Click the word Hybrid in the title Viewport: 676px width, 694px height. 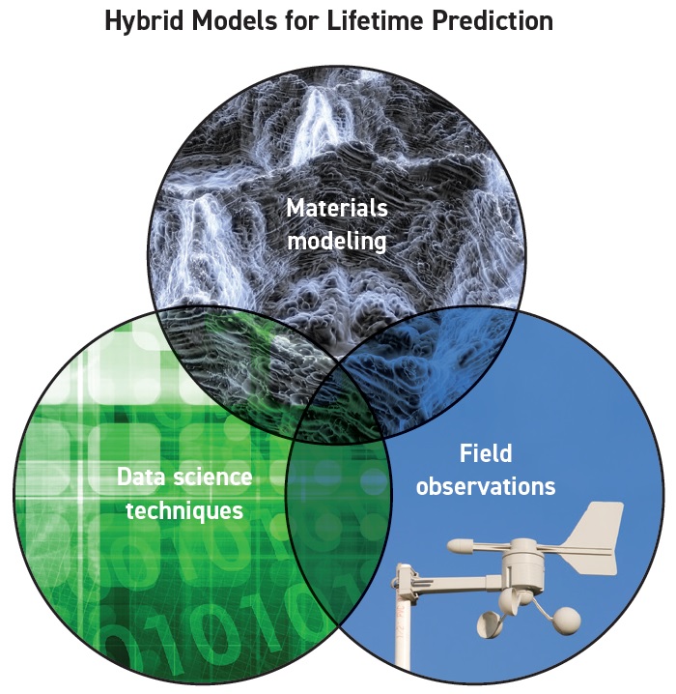(x=144, y=21)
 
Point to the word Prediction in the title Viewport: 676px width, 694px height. (x=493, y=20)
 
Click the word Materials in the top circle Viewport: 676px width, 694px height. (x=337, y=208)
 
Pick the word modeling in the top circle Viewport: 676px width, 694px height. (x=337, y=242)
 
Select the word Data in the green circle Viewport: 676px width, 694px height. (x=141, y=477)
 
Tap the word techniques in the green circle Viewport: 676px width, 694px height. (x=184, y=510)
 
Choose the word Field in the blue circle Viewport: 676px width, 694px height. (x=486, y=453)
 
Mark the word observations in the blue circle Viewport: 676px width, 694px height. (x=486, y=486)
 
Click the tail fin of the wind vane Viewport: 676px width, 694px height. (x=595, y=536)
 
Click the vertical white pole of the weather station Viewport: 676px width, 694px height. (x=404, y=628)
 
